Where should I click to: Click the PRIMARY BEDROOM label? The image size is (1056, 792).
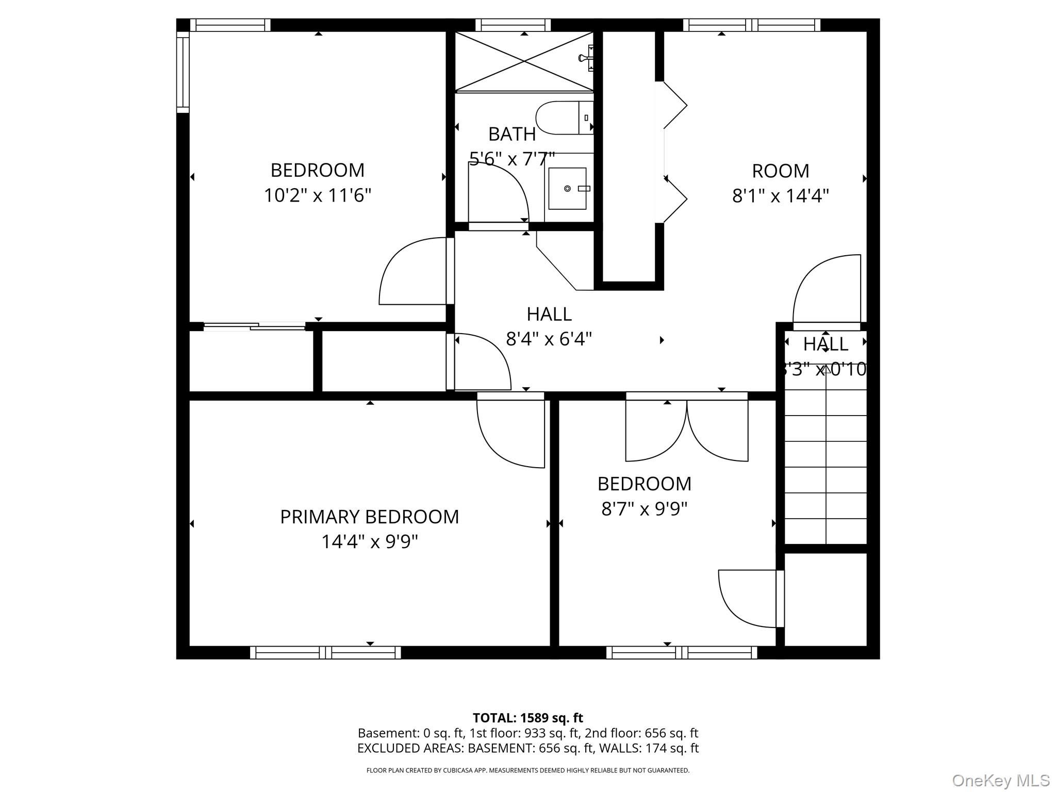[369, 517]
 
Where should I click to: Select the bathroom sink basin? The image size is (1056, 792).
[567, 189]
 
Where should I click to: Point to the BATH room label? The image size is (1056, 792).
[511, 135]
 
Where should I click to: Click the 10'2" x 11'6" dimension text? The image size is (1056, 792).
[318, 195]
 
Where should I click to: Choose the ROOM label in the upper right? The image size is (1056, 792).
[780, 171]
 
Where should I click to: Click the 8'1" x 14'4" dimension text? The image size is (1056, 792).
[780, 196]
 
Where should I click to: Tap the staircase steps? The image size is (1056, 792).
[826, 467]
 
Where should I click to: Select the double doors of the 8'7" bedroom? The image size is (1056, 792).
[686, 431]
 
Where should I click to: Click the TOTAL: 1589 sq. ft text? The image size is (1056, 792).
[527, 718]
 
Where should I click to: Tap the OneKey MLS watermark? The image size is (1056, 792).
[1000, 780]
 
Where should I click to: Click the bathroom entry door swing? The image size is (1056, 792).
[498, 193]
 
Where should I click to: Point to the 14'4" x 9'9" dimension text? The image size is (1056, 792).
[369, 542]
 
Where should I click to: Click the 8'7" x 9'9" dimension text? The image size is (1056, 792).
[644, 509]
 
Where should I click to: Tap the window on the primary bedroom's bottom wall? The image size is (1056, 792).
[325, 653]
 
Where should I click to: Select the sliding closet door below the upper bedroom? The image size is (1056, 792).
[254, 326]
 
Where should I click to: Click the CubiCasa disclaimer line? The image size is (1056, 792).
[527, 770]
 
